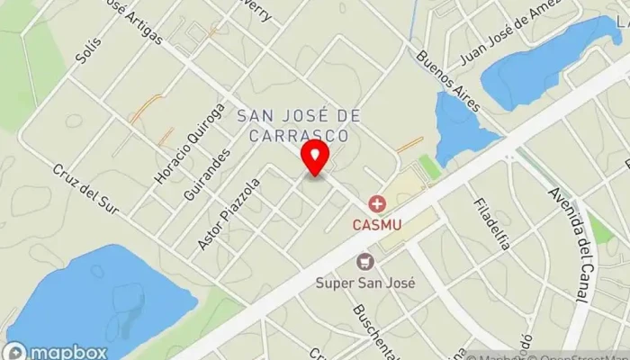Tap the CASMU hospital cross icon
[x=376, y=205]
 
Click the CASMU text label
[x=376, y=224]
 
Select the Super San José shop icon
[x=365, y=262]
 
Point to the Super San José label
[x=365, y=282]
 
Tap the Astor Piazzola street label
[x=229, y=213]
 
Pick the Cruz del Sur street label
[x=85, y=189]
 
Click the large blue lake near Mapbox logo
[x=99, y=297]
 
